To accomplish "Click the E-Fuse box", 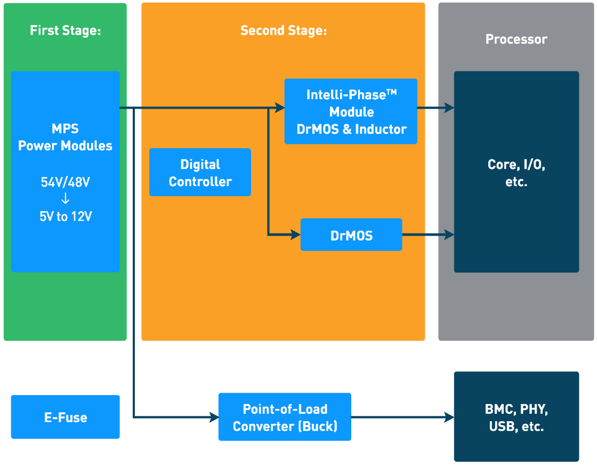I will [65, 417].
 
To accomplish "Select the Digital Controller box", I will [200, 172].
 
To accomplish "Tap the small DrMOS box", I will [351, 235].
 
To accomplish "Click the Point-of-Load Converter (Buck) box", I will [285, 417].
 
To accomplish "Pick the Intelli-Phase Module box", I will [351, 112].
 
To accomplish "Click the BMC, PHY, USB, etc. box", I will [516, 417].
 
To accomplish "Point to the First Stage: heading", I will [65, 30].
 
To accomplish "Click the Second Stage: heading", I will [283, 30].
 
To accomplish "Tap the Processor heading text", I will [516, 39].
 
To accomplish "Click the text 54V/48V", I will [65, 182].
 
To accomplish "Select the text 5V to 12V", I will [65, 217].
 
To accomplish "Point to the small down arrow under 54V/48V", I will [65, 199].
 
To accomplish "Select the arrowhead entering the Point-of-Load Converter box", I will [214, 417].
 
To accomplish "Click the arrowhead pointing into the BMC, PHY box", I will [449, 417].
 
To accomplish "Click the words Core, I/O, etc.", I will [516, 172].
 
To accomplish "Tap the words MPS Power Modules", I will [65, 138].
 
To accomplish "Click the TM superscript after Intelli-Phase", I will [392, 92].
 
